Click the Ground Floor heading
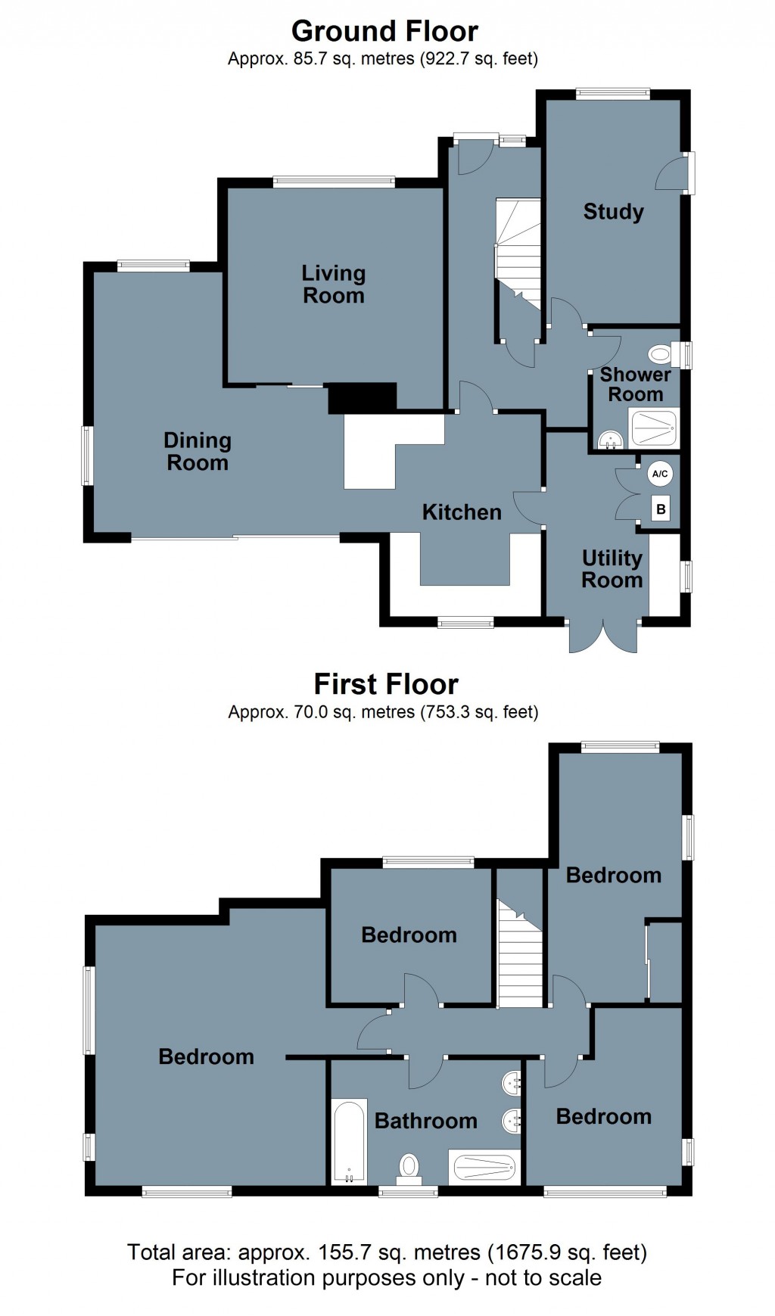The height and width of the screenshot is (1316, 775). (x=384, y=31)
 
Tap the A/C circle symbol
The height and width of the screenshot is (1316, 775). (x=659, y=474)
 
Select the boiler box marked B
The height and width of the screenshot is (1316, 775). (x=661, y=509)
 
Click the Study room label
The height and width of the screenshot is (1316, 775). (x=613, y=211)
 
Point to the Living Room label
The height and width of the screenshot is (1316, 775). (x=333, y=285)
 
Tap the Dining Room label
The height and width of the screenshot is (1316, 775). (x=198, y=451)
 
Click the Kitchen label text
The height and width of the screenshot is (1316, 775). (x=462, y=512)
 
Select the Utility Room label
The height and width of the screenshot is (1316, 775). (x=612, y=569)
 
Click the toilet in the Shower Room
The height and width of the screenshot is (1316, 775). (x=660, y=353)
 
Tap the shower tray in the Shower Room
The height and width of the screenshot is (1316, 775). (x=654, y=428)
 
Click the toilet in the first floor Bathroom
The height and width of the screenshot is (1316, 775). (x=409, y=1166)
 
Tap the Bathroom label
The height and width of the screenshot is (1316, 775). (x=425, y=1121)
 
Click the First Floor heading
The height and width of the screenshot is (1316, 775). (x=386, y=684)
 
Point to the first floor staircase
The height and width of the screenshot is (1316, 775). (x=520, y=954)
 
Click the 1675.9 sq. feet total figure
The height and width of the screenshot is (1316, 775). (x=567, y=1252)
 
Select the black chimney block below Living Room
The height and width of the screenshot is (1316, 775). (x=362, y=398)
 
